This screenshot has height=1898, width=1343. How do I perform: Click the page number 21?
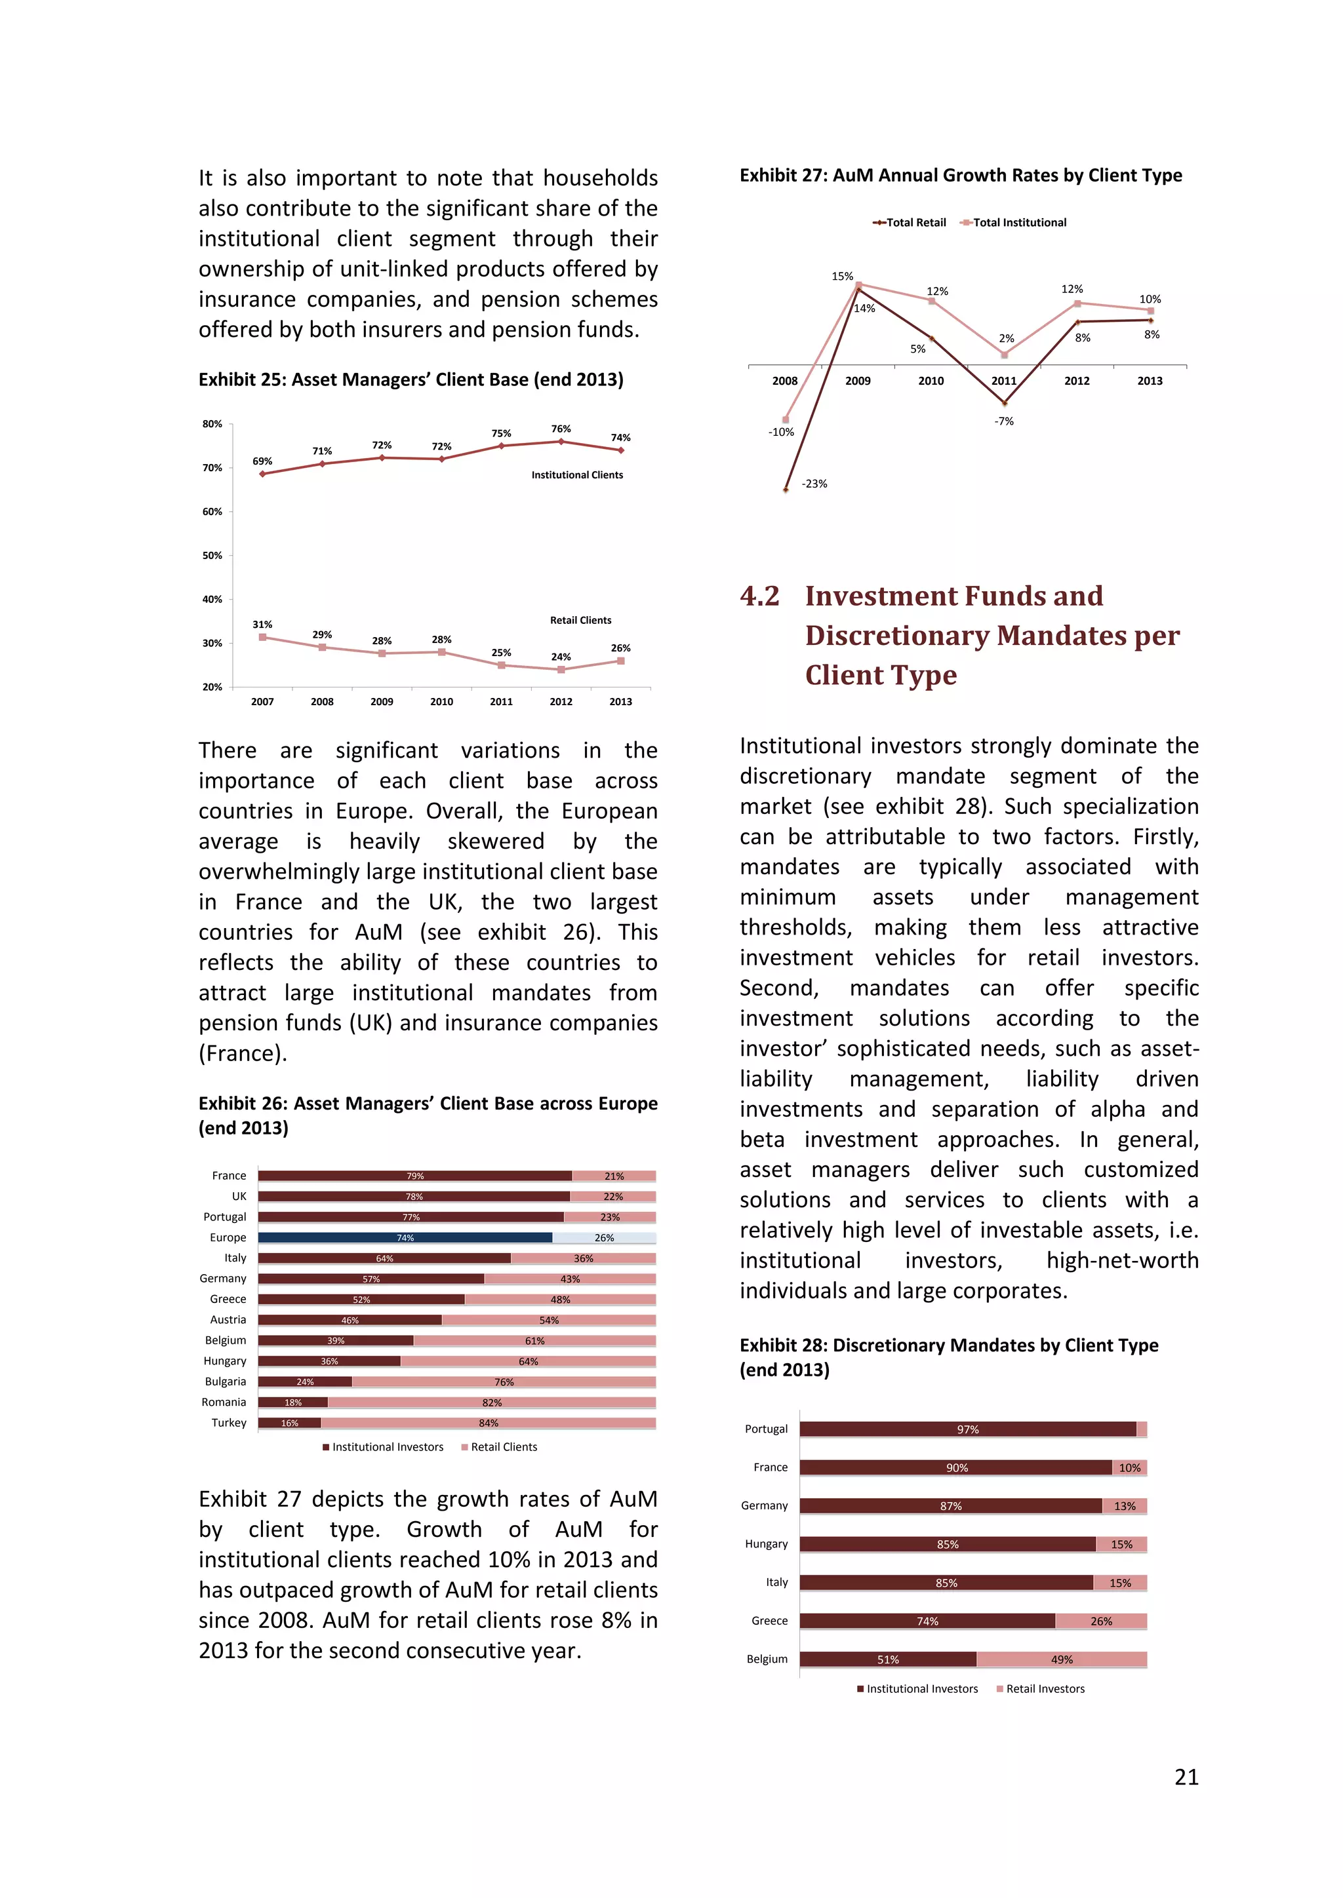[1186, 1777]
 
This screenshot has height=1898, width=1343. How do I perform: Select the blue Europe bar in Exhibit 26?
[405, 1237]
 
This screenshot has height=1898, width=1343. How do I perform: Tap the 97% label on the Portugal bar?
[967, 1429]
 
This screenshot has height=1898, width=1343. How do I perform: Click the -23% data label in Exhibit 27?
[814, 484]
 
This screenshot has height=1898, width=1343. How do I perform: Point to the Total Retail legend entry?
[910, 222]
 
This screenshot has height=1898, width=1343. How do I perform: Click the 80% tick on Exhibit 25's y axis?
[212, 424]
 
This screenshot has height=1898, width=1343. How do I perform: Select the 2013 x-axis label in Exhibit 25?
[620, 702]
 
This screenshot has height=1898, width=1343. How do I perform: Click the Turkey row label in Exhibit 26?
[229, 1423]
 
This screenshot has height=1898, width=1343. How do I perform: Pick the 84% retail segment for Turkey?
[489, 1423]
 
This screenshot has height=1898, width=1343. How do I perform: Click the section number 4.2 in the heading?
[759, 596]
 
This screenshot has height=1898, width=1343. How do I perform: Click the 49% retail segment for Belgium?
[1062, 1659]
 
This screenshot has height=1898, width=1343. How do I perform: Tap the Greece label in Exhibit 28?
[769, 1620]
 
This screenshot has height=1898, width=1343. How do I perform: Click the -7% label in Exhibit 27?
[1004, 421]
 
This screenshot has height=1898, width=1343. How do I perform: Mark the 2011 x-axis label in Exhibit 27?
[1004, 381]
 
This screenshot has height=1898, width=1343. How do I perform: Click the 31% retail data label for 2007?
[262, 624]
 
